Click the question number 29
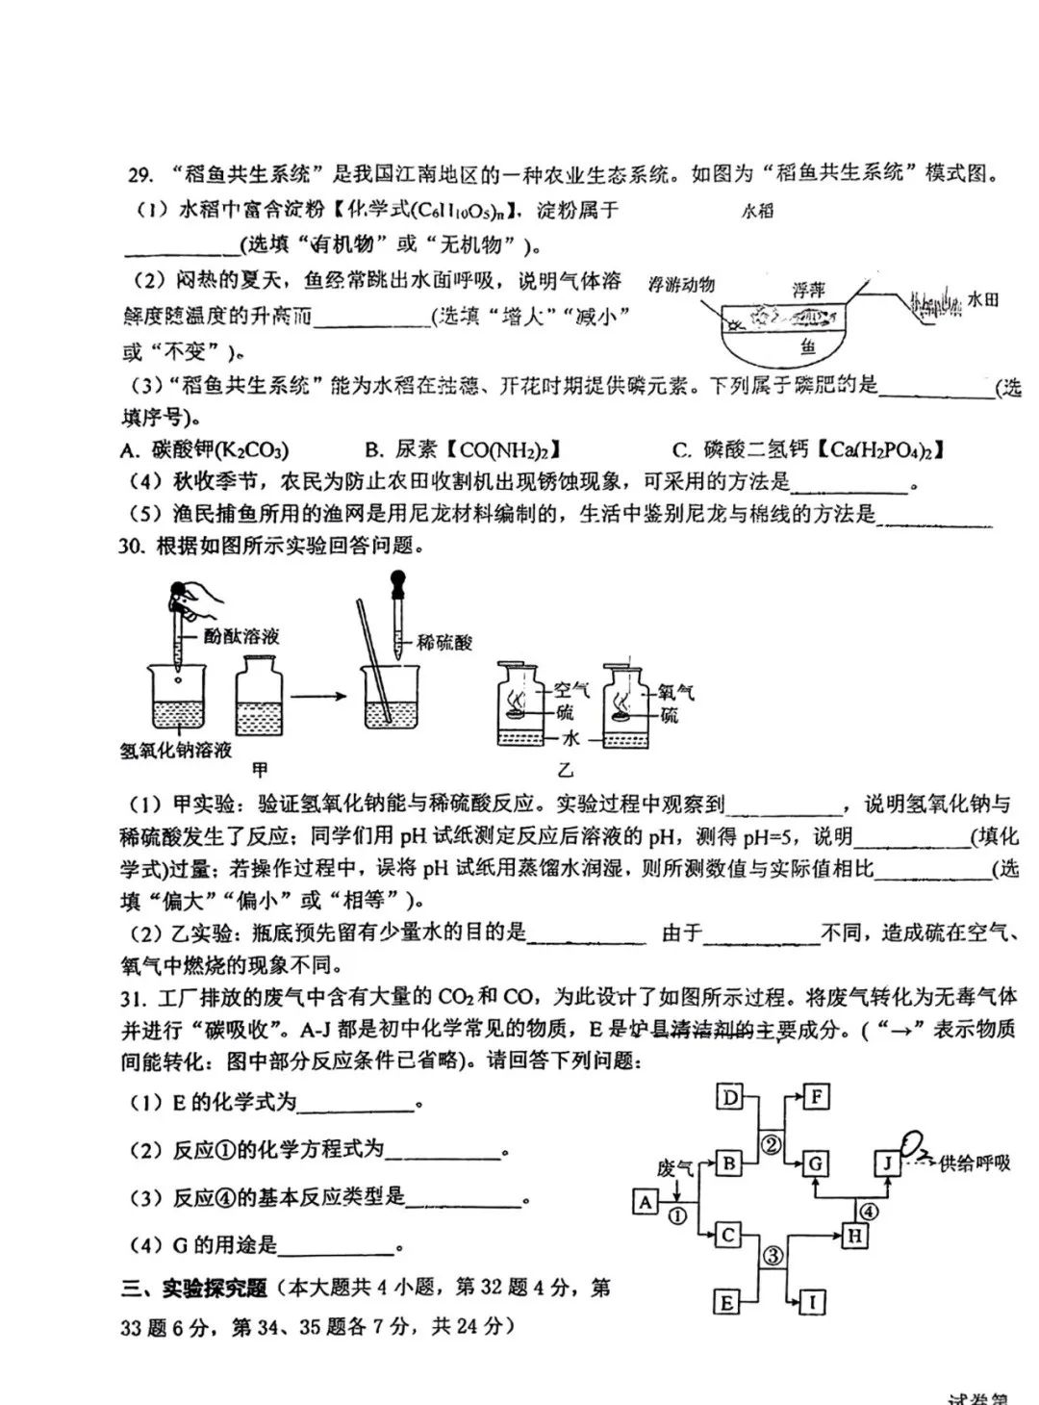(x=140, y=174)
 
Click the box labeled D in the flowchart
(x=731, y=1097)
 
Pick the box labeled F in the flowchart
(x=816, y=1097)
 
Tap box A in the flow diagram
(x=645, y=1202)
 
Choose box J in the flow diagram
(x=886, y=1163)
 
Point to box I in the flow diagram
(x=813, y=1303)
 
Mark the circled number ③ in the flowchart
(x=773, y=1255)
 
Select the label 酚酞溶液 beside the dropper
(x=241, y=636)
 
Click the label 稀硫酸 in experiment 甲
(x=444, y=642)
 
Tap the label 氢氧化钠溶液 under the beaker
(x=176, y=751)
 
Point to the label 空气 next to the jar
(x=570, y=690)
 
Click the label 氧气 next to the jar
(x=676, y=692)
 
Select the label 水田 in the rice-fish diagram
(x=982, y=300)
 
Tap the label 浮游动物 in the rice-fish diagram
(x=681, y=285)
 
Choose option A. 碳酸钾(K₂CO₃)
(x=205, y=449)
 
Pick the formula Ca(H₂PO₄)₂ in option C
(x=886, y=449)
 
